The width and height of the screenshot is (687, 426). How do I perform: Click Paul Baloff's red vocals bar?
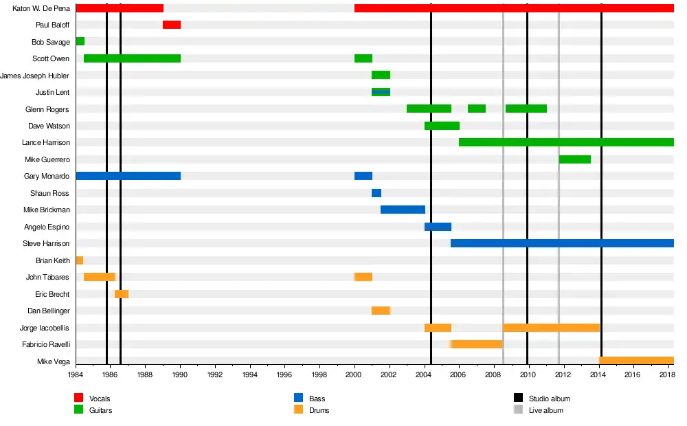[172, 25]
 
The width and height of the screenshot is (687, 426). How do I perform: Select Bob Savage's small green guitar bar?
[80, 41]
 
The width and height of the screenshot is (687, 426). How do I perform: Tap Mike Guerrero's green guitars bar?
[575, 159]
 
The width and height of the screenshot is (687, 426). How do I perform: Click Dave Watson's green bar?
[442, 126]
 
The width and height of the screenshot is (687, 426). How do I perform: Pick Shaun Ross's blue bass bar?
[376, 193]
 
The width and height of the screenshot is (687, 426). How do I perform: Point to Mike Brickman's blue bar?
[403, 210]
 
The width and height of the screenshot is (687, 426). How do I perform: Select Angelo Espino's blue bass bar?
[438, 227]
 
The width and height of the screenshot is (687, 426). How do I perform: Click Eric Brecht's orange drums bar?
[122, 294]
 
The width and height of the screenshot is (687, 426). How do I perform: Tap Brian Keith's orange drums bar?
[80, 260]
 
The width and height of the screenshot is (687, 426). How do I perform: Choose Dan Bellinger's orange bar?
[381, 311]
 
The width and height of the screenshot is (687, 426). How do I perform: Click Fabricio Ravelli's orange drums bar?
[477, 344]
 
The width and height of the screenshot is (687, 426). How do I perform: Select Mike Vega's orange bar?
[636, 361]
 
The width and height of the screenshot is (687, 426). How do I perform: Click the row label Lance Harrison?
[45, 143]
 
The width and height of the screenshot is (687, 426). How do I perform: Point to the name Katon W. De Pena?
[41, 8]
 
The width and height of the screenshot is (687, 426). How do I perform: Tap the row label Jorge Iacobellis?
[45, 328]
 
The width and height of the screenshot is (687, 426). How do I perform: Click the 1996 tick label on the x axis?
[284, 374]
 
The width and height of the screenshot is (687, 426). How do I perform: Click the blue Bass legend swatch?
[298, 399]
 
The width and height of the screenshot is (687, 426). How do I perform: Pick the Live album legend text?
[546, 410]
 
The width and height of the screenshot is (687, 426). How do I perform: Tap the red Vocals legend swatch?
[78, 399]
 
